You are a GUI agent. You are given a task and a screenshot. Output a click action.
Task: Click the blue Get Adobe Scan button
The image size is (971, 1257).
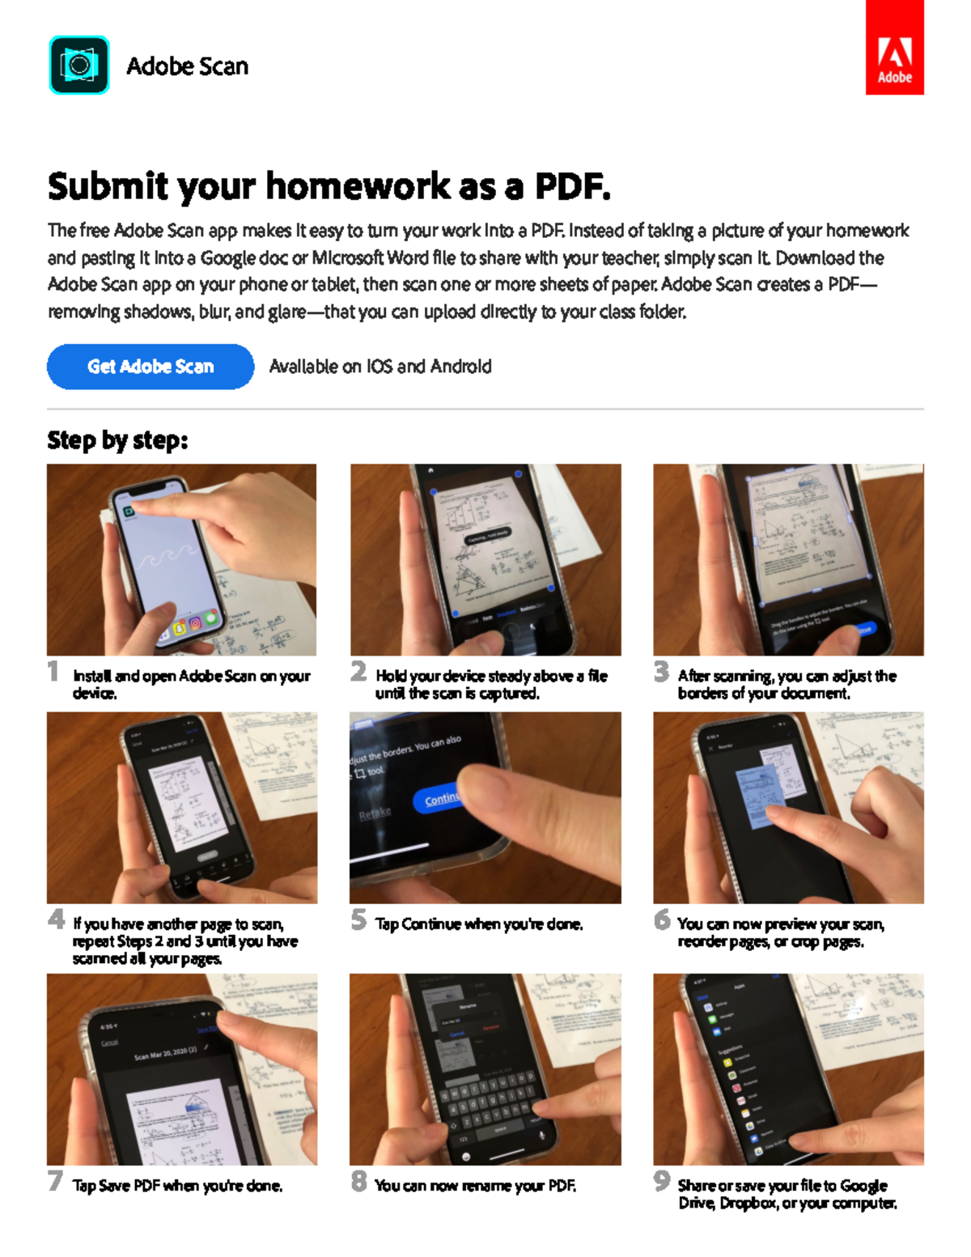pos(151,367)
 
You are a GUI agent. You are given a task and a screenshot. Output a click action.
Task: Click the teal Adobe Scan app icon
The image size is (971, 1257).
pos(79,65)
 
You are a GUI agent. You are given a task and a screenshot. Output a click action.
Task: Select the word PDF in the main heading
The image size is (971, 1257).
pos(571,186)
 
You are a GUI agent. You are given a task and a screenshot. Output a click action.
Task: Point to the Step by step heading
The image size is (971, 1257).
pos(117,440)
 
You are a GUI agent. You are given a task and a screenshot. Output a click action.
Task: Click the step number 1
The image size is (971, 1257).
pos(53,671)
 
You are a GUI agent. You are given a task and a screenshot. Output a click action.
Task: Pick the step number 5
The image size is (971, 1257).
pos(358,919)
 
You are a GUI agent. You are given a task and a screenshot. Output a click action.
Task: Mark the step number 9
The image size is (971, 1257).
pos(661,1181)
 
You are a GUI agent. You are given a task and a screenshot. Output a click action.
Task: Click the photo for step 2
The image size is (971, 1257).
pos(485,559)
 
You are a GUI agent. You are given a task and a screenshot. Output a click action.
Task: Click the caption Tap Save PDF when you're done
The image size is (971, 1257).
pos(177,1186)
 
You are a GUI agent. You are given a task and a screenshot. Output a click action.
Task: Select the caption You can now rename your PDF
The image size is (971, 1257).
pos(475,1186)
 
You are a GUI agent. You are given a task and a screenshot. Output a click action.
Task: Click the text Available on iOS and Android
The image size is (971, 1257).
pos(380,367)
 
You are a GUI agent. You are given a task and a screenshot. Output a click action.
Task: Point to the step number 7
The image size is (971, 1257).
pos(55,1181)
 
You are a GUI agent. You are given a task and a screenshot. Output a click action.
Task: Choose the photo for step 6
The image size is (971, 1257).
pos(788,807)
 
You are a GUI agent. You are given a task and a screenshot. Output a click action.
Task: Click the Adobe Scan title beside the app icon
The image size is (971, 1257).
pos(187,66)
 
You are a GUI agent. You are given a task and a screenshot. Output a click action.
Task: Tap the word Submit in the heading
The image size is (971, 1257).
pos(108,186)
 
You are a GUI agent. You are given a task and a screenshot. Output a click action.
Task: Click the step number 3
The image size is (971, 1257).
pos(661,671)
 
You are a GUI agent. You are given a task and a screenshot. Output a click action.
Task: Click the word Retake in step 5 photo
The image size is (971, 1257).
pos(375,813)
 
